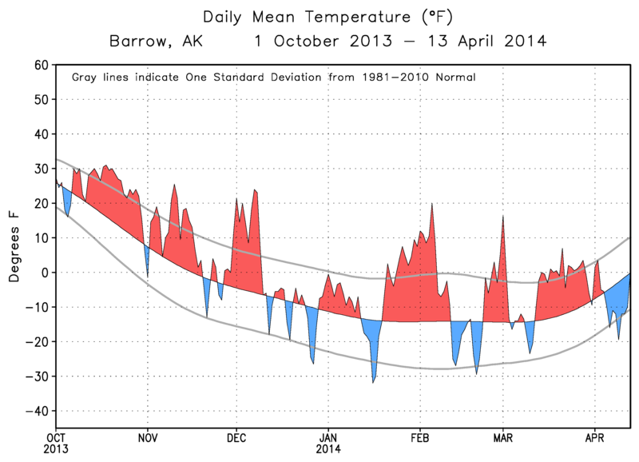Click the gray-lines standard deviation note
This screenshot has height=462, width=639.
[x=274, y=78]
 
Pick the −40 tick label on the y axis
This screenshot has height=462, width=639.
[x=36, y=411]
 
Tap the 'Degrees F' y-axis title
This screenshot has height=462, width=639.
[x=14, y=246]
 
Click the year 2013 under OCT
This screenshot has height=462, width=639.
[x=55, y=449]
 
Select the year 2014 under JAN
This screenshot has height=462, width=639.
[x=329, y=449]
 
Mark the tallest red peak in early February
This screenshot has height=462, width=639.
[x=431, y=205]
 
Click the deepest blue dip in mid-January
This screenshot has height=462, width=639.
[x=373, y=381]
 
